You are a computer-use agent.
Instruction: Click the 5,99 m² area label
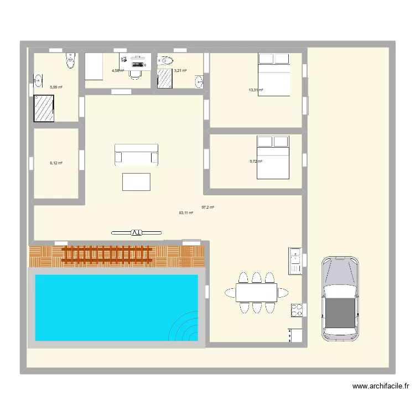coord(56,87)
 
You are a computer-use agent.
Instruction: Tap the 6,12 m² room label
coord(56,163)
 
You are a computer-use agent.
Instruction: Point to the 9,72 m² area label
coord(256,162)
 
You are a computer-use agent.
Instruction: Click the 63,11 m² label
coord(186,212)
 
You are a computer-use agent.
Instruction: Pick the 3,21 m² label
coord(180,71)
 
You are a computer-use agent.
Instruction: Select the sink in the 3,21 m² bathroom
coord(199,82)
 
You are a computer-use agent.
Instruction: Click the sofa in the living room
coord(136,154)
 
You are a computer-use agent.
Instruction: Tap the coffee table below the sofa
coord(136,181)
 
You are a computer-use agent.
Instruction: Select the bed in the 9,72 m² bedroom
coord(273,158)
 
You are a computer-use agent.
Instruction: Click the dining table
coord(256,292)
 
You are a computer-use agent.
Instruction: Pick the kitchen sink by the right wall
coord(295,260)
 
